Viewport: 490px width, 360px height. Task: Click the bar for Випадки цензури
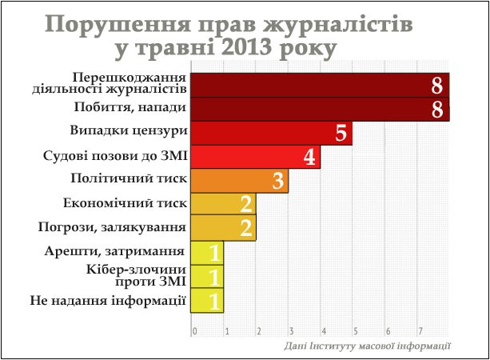point(272,134)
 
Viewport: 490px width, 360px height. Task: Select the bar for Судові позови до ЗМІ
point(256,157)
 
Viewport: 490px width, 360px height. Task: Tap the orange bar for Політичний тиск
point(240,181)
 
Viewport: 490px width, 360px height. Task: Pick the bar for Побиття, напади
point(321,109)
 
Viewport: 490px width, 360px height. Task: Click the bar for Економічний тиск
point(224,204)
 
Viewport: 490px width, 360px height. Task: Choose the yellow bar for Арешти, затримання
point(207,253)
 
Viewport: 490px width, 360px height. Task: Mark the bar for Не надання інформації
point(207,301)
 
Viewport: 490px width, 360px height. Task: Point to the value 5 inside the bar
point(341,133)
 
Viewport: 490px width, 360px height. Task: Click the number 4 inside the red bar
point(309,157)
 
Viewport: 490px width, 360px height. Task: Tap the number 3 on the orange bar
point(277,181)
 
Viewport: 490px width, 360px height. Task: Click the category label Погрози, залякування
point(112,227)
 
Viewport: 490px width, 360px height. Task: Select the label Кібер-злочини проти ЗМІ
point(136,275)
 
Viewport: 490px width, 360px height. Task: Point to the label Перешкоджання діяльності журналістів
point(110,83)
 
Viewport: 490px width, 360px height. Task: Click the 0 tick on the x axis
point(195,331)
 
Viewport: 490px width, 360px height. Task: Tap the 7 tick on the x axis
point(420,331)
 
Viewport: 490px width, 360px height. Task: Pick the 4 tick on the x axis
point(324,331)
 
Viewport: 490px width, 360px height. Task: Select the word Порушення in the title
point(118,24)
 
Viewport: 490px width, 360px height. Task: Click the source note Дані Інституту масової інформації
point(367,346)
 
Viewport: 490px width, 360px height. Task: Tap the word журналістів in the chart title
point(337,24)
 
